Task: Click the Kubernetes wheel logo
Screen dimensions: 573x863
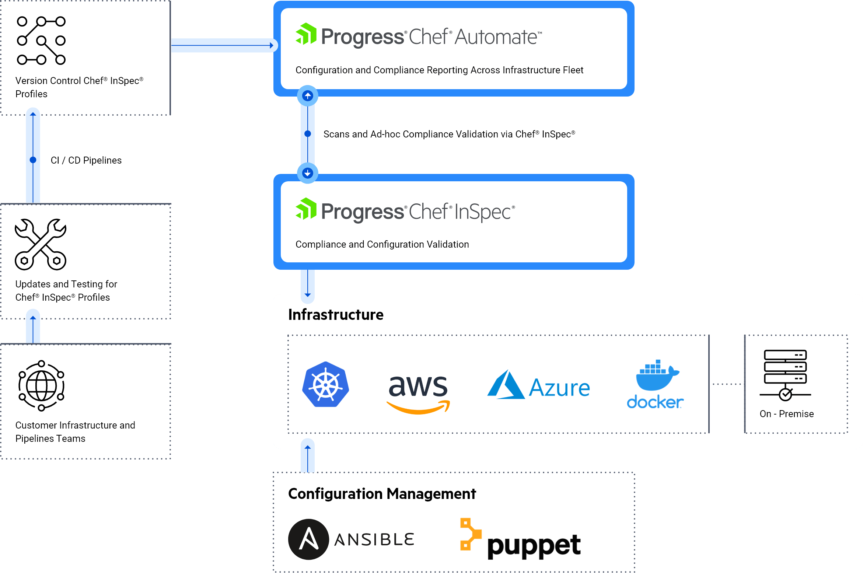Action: pos(325,384)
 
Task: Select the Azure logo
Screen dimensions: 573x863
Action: pos(538,385)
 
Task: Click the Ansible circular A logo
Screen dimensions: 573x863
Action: pos(308,539)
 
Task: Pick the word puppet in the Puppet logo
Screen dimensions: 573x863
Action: pos(534,546)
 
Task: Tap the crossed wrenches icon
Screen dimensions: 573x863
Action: pos(41,244)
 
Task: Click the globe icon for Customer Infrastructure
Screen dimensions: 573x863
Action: pos(41,385)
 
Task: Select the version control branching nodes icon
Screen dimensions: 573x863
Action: pos(41,41)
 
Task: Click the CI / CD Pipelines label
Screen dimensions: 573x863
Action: pos(86,160)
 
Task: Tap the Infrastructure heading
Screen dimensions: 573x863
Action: pos(336,315)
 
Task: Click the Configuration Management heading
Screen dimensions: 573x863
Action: pos(382,494)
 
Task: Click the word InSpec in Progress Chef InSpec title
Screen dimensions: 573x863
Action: pos(482,212)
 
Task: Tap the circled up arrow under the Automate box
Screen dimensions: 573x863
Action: pos(308,96)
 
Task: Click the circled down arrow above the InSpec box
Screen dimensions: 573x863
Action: pos(308,173)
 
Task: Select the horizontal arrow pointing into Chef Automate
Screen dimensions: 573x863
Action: pos(223,45)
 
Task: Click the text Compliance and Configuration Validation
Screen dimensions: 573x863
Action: pos(382,244)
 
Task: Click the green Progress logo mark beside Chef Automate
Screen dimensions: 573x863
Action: pos(306,34)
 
